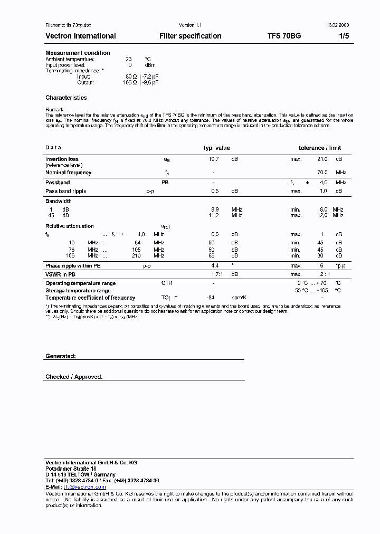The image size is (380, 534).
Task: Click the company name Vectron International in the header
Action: [x=80, y=36]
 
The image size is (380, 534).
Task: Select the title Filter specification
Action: [x=190, y=36]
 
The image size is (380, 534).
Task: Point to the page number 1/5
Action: [x=344, y=36]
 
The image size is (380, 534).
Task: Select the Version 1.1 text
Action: [x=190, y=25]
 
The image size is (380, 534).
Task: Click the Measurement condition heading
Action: [x=78, y=53]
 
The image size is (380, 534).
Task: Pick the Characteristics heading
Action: [x=66, y=98]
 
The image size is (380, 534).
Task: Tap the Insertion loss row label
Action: [x=62, y=159]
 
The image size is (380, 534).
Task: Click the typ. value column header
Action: [x=216, y=148]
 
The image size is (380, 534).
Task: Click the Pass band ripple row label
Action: [x=65, y=191]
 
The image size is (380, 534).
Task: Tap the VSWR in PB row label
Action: [x=61, y=275]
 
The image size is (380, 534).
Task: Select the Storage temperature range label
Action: [x=78, y=291]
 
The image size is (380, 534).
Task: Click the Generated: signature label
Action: [x=61, y=356]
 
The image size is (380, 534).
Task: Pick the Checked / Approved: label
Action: [x=74, y=377]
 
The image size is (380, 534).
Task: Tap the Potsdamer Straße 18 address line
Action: [x=71, y=469]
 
